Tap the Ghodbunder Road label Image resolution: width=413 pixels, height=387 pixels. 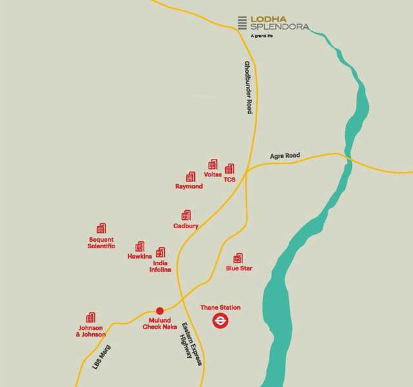248,88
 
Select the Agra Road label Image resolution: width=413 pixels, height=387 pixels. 285,156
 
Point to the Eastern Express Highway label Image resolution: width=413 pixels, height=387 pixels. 191,344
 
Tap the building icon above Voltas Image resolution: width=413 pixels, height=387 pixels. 212,165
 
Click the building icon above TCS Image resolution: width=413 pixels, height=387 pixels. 229,169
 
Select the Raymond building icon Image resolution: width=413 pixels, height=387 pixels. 190,177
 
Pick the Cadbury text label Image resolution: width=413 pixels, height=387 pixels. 186,226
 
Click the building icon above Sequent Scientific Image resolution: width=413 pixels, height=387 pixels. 101,229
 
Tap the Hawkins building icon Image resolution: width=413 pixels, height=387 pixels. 140,247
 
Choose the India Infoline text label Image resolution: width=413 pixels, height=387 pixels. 160,266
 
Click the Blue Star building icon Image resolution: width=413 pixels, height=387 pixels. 238,258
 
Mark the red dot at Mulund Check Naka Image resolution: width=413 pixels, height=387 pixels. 160,311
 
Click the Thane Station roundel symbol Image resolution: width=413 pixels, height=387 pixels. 221,320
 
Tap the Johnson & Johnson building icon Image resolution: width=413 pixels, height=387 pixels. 91,318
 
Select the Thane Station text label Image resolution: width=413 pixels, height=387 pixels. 221,308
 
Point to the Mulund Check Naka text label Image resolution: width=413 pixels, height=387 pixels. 160,323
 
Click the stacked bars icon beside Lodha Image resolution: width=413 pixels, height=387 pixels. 242,23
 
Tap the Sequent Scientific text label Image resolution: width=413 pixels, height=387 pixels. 101,243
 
